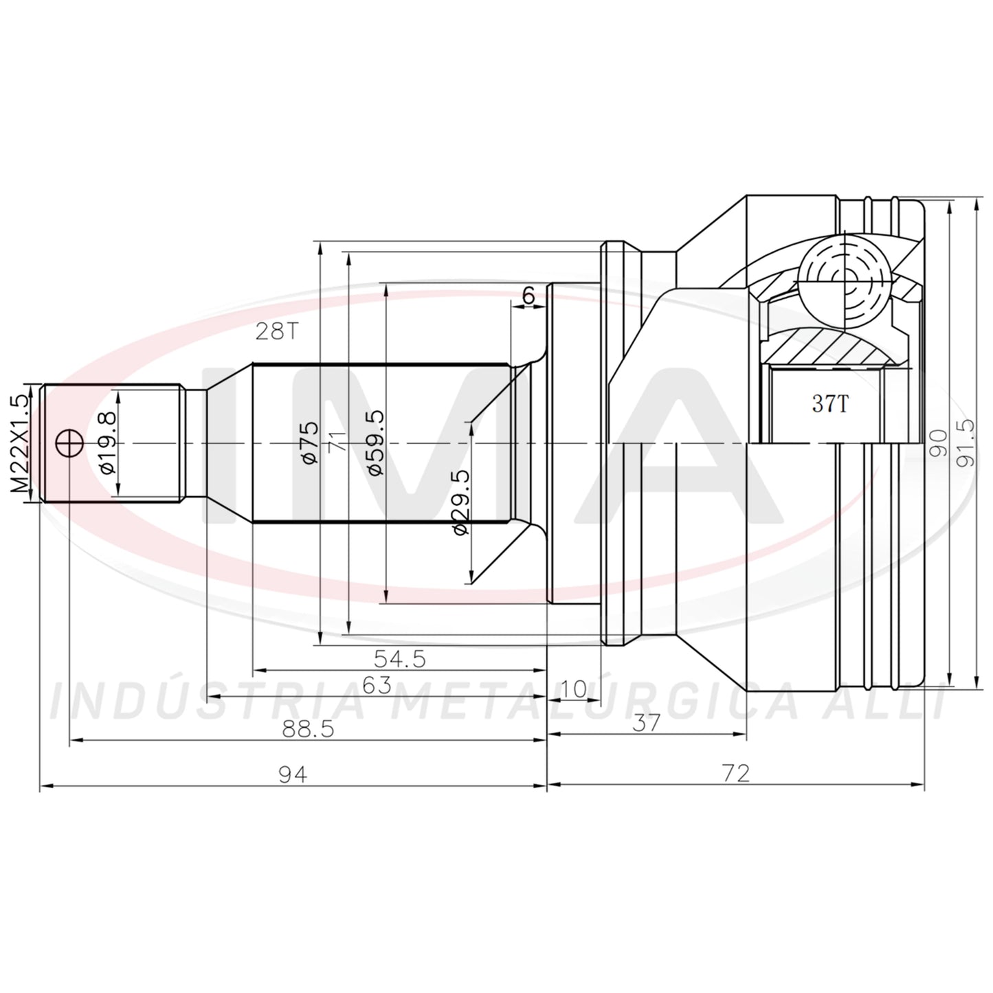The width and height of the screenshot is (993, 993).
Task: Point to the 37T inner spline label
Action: point(829,403)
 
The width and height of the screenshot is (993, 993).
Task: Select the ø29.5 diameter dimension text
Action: point(461,502)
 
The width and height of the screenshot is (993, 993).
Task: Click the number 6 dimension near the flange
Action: point(528,295)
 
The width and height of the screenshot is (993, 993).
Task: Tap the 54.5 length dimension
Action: point(400,658)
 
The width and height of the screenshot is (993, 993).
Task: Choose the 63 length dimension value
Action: point(377,685)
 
